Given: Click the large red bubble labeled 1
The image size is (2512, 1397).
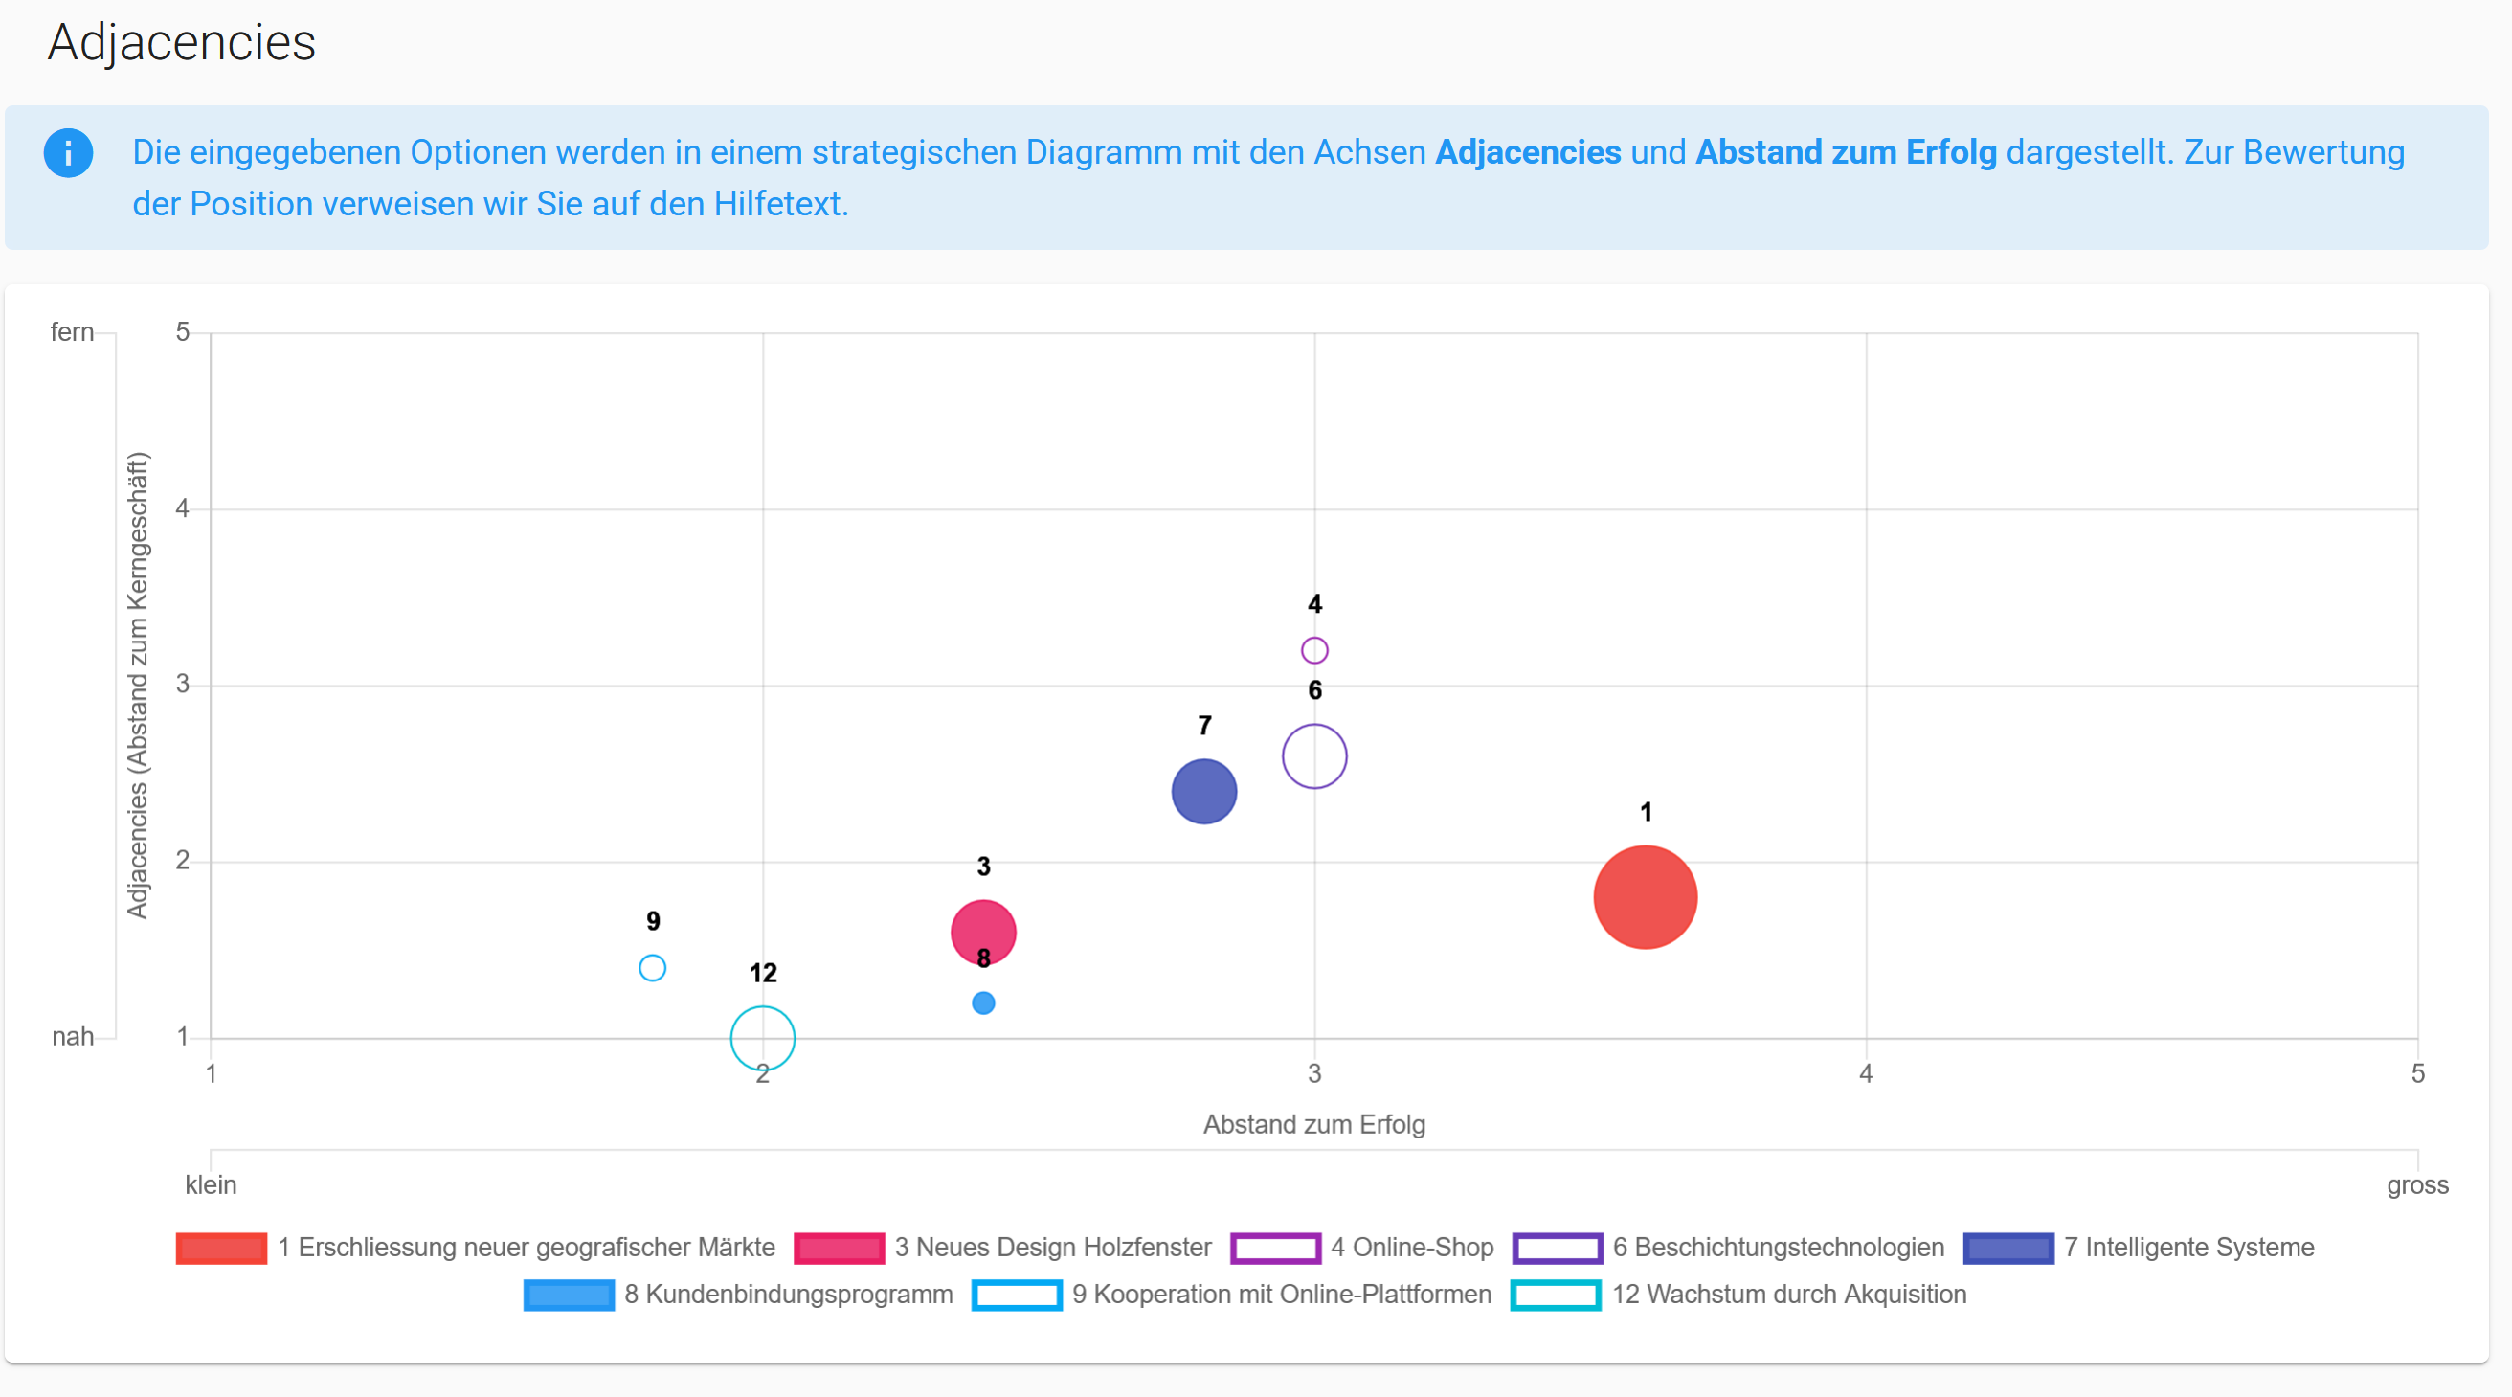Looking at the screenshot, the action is tap(1645, 896).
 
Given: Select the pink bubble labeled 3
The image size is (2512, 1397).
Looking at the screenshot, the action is tap(983, 932).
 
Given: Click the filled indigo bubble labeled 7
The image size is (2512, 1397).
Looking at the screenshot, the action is tap(1203, 791).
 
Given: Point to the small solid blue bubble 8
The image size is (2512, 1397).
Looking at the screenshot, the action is tap(983, 1003).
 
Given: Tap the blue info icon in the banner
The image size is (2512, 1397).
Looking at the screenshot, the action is tap(68, 153).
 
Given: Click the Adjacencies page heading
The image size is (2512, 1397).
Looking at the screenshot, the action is tap(181, 42).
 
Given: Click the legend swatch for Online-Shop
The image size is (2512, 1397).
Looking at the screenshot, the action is tap(1275, 1248).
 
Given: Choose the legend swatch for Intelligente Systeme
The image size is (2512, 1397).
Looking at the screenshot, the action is tap(2008, 1248).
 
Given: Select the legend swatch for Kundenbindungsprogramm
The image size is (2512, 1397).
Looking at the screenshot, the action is tap(569, 1295).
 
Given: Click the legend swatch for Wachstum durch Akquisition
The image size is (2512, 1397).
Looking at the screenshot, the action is tap(1556, 1295).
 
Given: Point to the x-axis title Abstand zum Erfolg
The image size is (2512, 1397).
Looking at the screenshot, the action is tap(1313, 1125).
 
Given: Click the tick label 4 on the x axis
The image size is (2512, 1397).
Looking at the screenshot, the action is tap(1866, 1074).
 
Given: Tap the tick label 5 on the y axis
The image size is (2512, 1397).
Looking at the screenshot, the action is tap(182, 331).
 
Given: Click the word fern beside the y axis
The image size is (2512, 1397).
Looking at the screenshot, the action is tap(72, 331).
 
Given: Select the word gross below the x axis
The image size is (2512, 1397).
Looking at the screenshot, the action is tap(2417, 1185).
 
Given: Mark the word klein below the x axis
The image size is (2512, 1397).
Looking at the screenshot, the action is tap(211, 1184).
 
